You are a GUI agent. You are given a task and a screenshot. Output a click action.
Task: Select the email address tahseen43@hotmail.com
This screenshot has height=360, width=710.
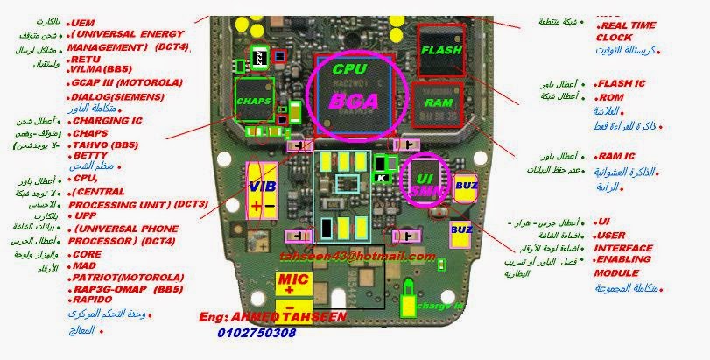(357, 257)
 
